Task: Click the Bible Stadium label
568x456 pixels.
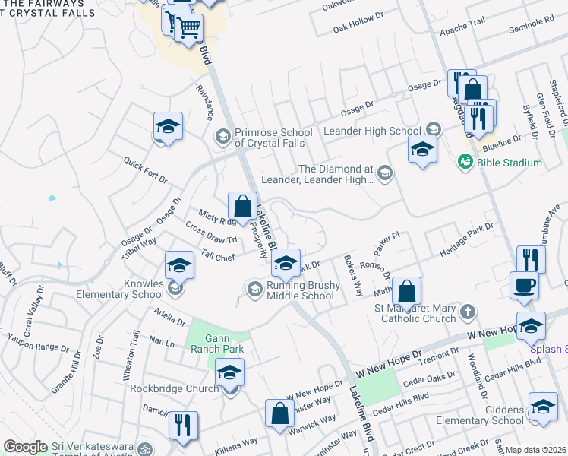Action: [x=510, y=163]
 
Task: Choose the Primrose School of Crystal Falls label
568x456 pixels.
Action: [x=270, y=138]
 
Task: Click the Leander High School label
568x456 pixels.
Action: [x=372, y=131]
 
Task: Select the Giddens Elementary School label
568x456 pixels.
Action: [x=486, y=415]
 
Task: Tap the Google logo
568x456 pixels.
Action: [x=26, y=447]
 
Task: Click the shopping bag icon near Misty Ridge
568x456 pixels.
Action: [x=242, y=206]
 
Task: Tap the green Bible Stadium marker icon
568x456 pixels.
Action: [x=465, y=162]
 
